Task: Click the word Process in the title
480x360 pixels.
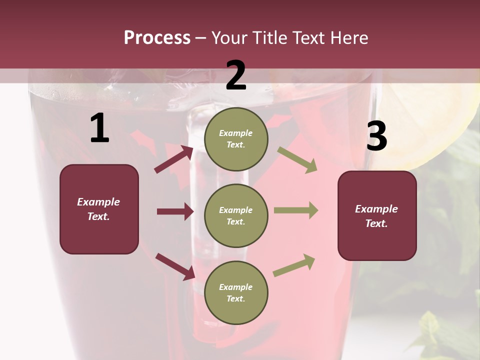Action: pos(157,38)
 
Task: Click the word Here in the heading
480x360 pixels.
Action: pos(348,38)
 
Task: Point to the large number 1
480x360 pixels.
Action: pos(99,129)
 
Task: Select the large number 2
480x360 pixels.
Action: pos(236,76)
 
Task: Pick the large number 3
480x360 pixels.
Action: pos(376,136)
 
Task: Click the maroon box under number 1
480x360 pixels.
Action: pos(99,209)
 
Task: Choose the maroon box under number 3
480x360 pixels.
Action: pos(377,215)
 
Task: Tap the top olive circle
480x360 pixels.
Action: pos(236,139)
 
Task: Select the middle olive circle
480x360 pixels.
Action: pos(236,215)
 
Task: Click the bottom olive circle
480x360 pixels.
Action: pos(236,292)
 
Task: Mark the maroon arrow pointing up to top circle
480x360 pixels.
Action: pos(174,159)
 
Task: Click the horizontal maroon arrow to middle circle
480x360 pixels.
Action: pos(175,211)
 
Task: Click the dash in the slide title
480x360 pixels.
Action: pos(201,38)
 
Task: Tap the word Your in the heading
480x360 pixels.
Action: pos(230,38)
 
